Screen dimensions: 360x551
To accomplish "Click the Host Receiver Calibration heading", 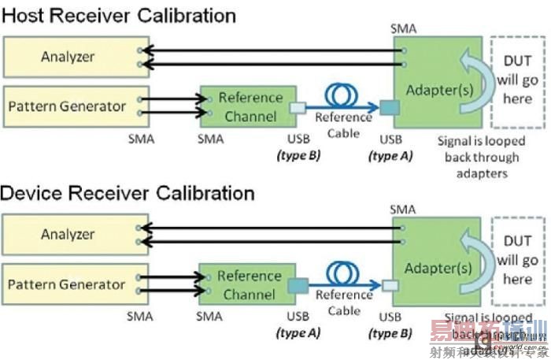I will pyautogui.click(x=119, y=15).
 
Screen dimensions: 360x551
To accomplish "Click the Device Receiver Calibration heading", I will pyautogui.click(x=128, y=193).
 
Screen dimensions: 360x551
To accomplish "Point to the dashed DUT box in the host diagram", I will pyautogui.click(x=517, y=82).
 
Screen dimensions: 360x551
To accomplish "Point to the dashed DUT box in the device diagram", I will pyautogui.click(x=517, y=260).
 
